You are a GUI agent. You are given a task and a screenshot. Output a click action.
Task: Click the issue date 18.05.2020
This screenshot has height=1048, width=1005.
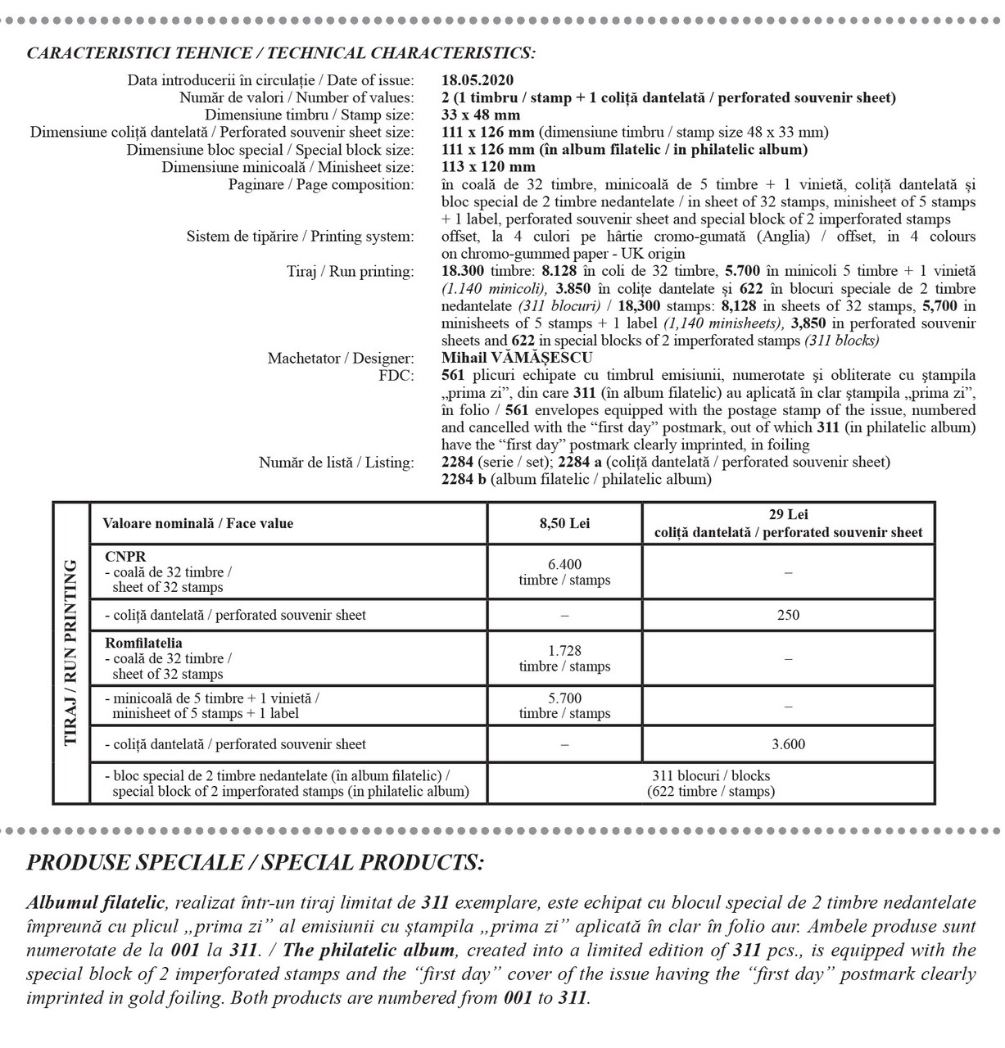(478, 80)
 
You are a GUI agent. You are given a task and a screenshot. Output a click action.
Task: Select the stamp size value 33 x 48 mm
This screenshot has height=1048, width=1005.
(481, 115)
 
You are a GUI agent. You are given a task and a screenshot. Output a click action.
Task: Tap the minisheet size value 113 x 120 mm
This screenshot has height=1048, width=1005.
(488, 167)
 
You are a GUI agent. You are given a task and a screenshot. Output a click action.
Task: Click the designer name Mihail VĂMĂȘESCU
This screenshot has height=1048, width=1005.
(517, 358)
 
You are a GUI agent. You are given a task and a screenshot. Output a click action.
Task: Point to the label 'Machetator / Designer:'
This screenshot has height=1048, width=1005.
(341, 359)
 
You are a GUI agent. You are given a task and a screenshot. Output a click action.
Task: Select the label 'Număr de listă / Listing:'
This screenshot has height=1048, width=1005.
(337, 463)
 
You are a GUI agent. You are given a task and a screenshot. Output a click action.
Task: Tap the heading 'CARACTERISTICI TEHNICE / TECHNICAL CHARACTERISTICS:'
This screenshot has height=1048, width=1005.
(282, 54)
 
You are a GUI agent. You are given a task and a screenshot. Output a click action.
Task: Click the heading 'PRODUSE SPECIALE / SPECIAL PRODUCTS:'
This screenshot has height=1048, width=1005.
(256, 862)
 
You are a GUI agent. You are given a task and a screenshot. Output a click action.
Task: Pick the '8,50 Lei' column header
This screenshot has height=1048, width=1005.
(564, 524)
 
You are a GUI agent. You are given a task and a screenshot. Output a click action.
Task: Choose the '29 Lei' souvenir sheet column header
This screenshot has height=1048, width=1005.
(788, 524)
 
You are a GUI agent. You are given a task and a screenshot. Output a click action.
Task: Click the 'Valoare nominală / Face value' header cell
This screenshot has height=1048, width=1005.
(197, 524)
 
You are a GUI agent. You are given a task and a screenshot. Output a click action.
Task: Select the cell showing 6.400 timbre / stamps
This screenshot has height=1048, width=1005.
(564, 572)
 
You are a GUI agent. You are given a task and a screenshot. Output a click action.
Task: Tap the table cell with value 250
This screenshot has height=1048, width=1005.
(788, 615)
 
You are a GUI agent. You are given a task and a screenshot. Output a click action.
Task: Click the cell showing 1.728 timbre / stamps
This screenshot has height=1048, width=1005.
(564, 658)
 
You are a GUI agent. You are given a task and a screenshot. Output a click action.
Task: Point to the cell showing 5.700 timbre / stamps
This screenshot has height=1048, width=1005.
(564, 706)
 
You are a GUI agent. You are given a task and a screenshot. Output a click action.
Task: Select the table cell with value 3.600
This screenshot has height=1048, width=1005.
(788, 744)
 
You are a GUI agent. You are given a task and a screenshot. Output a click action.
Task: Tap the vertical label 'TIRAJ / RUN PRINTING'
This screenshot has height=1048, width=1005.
(70, 653)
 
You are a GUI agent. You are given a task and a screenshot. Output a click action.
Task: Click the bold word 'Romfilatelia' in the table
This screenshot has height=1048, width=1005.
(144, 644)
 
